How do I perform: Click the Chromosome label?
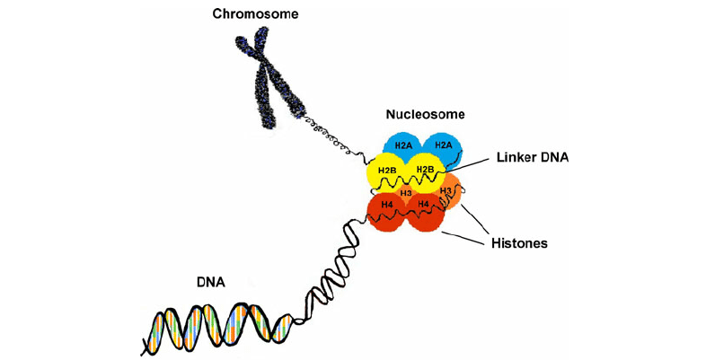click(256, 13)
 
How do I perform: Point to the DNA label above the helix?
click(210, 282)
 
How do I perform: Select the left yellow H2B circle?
click(387, 171)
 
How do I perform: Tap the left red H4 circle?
click(387, 207)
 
